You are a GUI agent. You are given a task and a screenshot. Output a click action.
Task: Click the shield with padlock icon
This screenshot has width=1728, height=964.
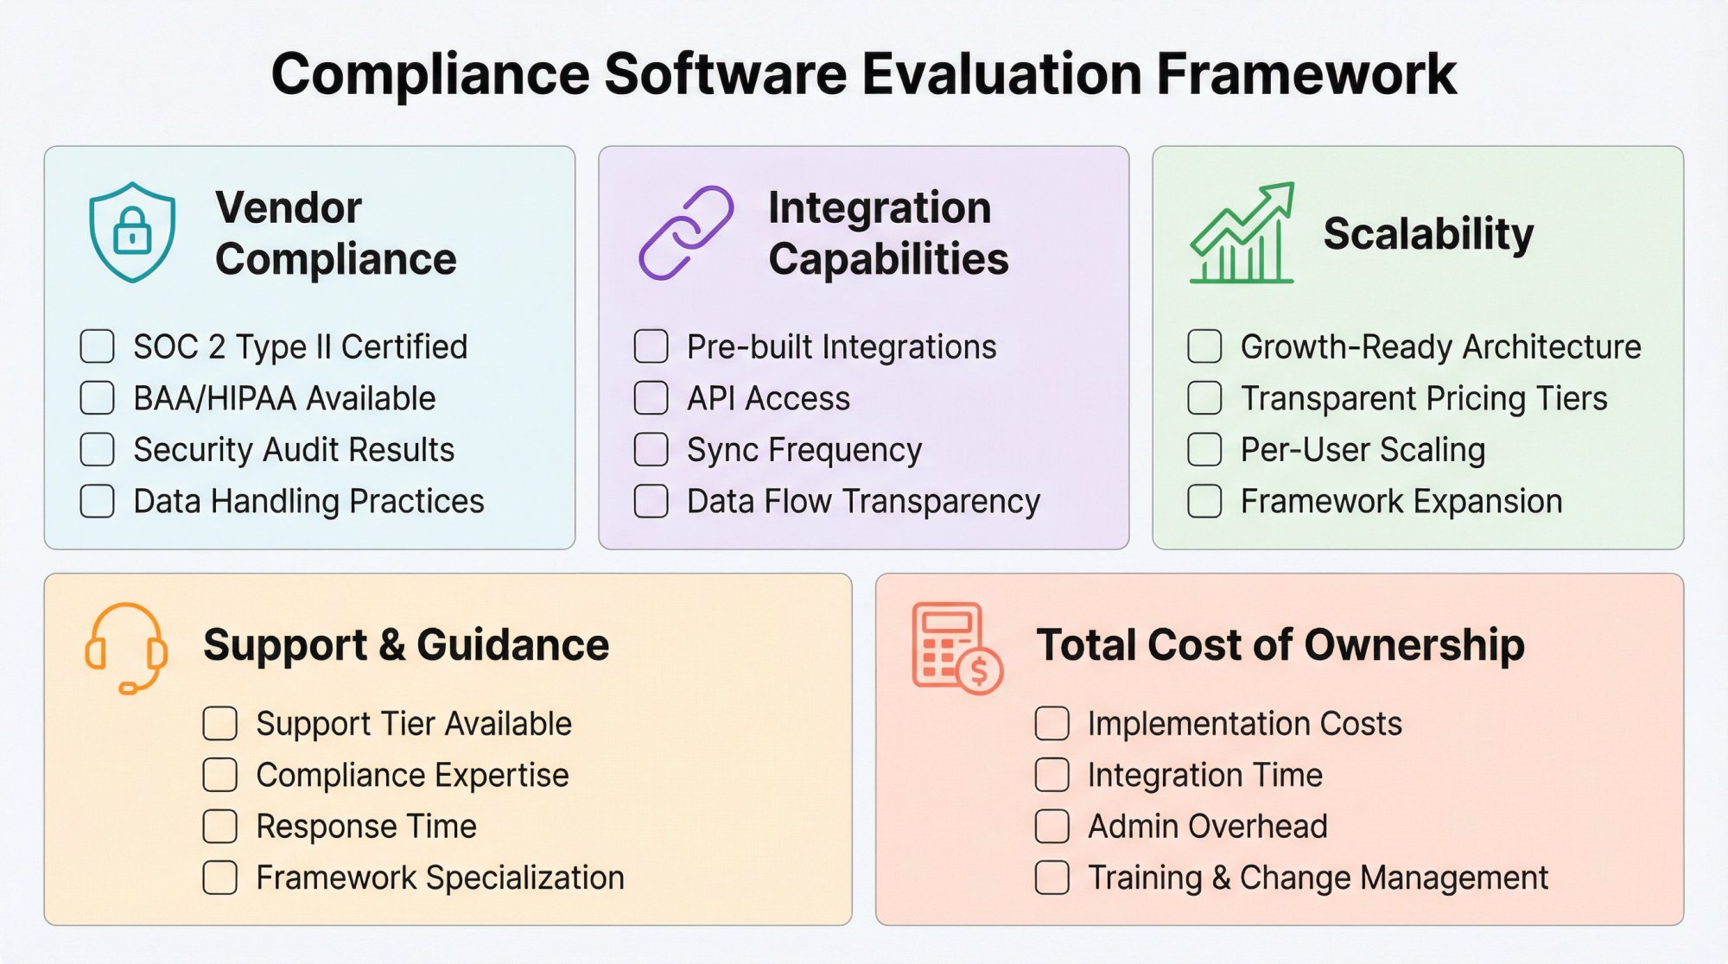coord(132,231)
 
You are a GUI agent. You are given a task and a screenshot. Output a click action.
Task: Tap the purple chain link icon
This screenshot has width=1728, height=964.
coord(686,232)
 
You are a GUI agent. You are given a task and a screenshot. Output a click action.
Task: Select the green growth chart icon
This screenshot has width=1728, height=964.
coord(1242,233)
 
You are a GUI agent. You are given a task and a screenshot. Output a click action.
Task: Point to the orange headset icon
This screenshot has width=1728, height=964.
coord(125,648)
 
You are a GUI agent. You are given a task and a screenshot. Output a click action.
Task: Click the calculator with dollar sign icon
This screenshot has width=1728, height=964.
coord(956,648)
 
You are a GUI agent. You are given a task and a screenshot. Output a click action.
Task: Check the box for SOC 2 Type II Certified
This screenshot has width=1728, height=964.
coord(98,346)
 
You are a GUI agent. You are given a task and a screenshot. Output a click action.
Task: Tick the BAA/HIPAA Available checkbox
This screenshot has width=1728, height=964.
coord(98,398)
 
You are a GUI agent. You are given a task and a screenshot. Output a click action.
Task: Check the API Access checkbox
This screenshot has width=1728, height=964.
coord(651,398)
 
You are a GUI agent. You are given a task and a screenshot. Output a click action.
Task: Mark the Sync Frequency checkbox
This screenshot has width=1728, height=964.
coord(651,450)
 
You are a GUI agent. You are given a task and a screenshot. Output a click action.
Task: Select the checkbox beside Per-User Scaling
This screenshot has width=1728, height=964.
coord(1204,450)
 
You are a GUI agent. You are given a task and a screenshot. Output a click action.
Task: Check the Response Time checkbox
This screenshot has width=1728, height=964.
coord(220,827)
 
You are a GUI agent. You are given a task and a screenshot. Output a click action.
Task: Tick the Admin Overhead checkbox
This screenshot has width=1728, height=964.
coord(1052,827)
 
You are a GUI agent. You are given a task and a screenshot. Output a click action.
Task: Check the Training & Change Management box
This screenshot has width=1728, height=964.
coord(1052,878)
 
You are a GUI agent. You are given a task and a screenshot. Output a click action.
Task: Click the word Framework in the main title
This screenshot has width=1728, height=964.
coord(1306,74)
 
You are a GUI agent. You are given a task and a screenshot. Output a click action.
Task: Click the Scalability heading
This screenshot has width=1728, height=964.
coord(1428,234)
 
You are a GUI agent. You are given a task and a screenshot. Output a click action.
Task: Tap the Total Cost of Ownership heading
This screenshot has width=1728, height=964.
coord(1280,645)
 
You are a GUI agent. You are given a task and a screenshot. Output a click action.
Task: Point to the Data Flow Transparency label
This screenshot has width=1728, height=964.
coord(863,502)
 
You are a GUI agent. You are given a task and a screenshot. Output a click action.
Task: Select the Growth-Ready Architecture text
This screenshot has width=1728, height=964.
coord(1440,347)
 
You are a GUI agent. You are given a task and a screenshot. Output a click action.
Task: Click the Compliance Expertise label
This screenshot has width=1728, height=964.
coord(412,776)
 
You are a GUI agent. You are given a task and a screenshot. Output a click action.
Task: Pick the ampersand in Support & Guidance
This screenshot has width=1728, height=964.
coord(392,646)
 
